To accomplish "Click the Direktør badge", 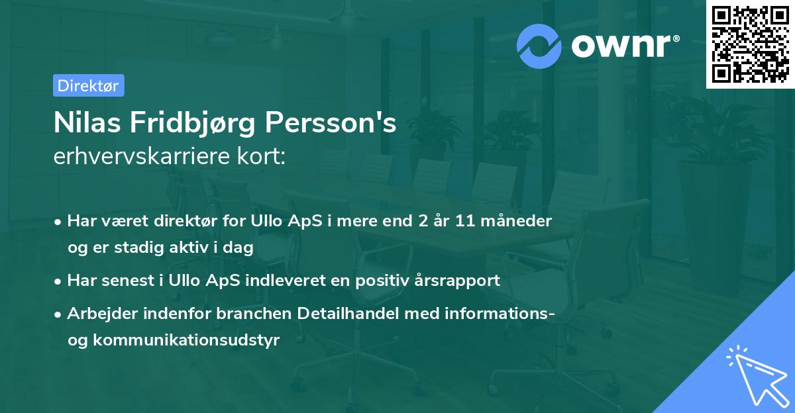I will pos(88,85).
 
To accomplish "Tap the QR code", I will pos(750,44).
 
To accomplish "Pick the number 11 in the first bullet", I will pos(464,220).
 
